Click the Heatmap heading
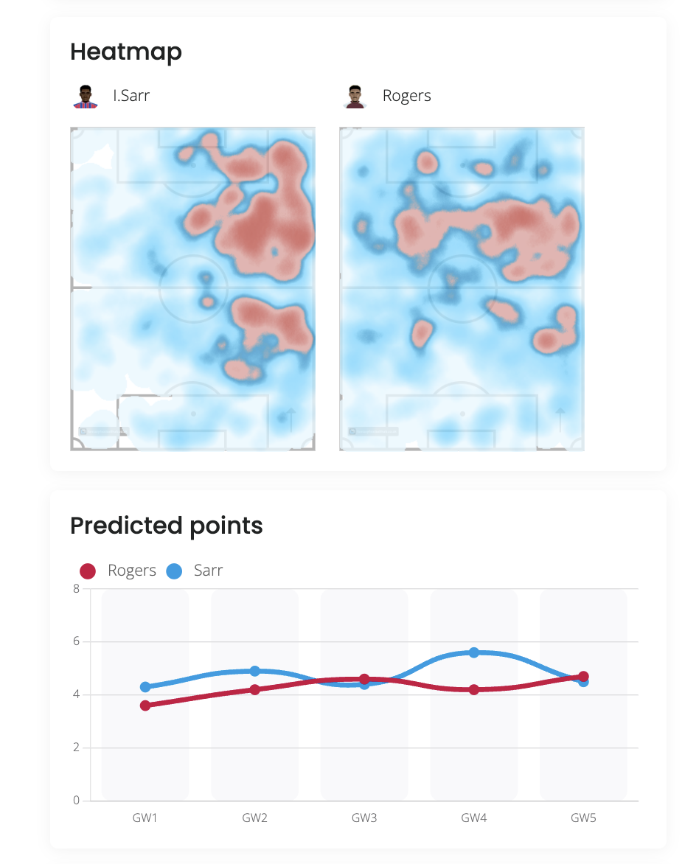[x=126, y=52]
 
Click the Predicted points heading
[x=166, y=526]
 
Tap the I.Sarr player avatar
[x=86, y=96]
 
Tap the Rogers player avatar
[x=355, y=96]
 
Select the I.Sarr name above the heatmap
[x=131, y=96]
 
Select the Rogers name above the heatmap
[x=406, y=96]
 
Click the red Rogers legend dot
[x=88, y=571]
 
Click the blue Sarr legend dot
[x=175, y=571]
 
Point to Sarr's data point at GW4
[x=474, y=652]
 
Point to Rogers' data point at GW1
[x=145, y=706]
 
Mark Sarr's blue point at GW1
[x=145, y=687]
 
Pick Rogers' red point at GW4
[x=474, y=690]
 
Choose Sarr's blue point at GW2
[x=255, y=671]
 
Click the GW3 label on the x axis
[x=364, y=818]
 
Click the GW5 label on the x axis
[x=583, y=818]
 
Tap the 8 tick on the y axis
[x=76, y=589]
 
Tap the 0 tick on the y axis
[x=76, y=801]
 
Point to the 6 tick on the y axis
[x=76, y=642]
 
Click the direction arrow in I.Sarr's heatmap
[x=291, y=418]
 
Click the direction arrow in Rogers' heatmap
[x=560, y=418]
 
